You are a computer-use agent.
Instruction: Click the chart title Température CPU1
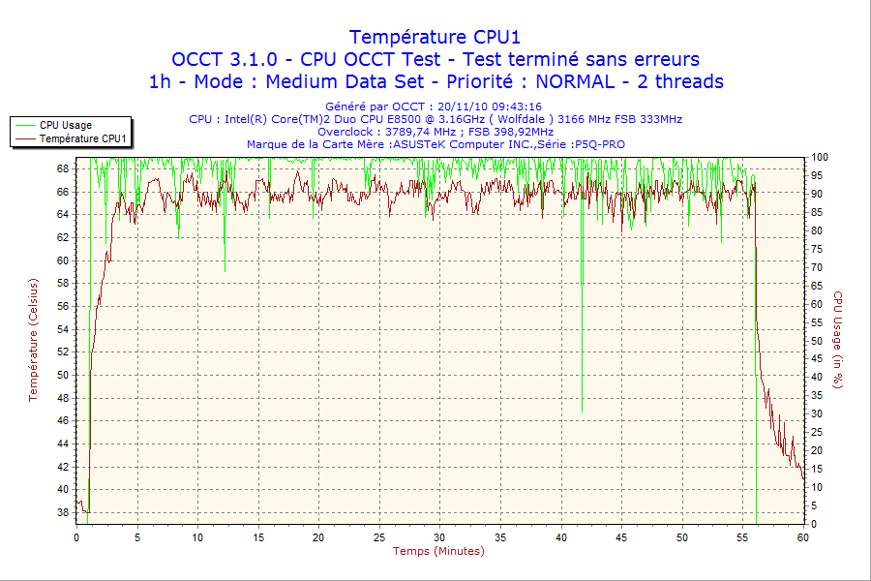[x=435, y=37]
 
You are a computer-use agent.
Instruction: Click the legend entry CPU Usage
[x=66, y=125]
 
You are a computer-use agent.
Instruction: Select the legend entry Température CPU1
[x=83, y=139]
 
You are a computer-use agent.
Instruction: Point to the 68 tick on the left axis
[x=63, y=168]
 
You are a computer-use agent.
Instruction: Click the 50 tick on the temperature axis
[x=63, y=375]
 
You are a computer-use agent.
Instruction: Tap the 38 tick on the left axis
[x=63, y=512]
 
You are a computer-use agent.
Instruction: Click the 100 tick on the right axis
[x=820, y=157]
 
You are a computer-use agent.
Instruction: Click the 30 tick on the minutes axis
[x=440, y=536]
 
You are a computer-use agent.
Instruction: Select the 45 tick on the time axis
[x=622, y=536]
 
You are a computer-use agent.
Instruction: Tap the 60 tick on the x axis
[x=803, y=536]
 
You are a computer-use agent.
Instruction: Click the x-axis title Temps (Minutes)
[x=438, y=551]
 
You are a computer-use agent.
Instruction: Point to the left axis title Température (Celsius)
[x=33, y=339]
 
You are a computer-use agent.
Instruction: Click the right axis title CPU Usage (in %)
[x=839, y=339]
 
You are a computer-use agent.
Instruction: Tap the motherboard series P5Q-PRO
[x=598, y=144]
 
